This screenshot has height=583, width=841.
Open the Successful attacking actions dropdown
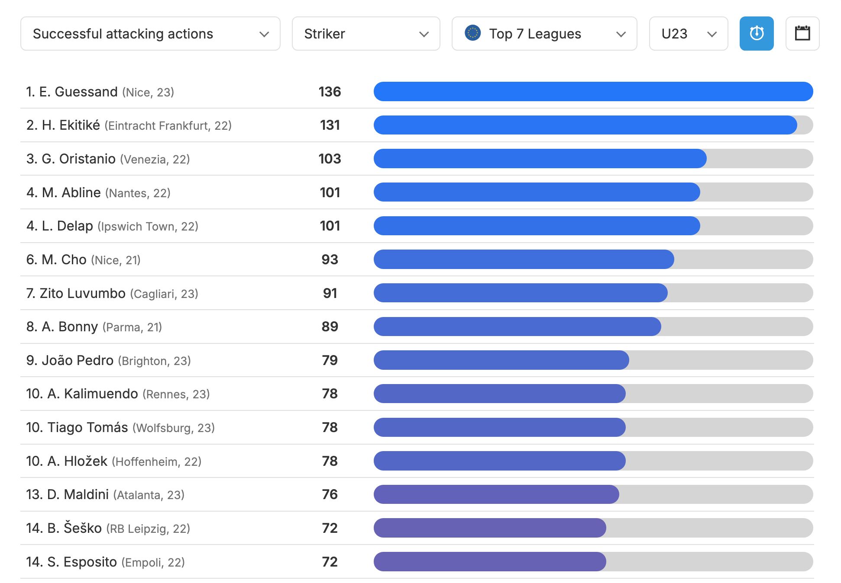click(150, 34)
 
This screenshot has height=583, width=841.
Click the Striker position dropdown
click(366, 34)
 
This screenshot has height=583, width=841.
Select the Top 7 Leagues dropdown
click(544, 34)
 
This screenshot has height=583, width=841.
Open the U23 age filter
click(688, 34)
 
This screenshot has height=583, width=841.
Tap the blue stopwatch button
click(756, 34)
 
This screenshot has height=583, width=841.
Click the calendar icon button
click(802, 34)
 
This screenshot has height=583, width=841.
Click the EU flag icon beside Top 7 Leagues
click(472, 33)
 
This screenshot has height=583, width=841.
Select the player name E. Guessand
click(78, 92)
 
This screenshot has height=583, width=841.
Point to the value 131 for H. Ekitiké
click(330, 125)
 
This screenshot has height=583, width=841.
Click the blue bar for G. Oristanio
click(540, 159)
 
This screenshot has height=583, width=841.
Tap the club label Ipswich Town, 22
click(148, 226)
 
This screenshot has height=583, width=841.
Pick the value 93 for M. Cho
click(330, 259)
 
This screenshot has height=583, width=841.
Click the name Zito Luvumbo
click(82, 293)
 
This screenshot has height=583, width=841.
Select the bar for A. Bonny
click(517, 327)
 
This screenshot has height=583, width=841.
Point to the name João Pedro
click(77, 360)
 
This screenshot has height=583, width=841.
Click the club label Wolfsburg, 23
click(173, 428)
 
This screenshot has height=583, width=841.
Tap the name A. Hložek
click(77, 461)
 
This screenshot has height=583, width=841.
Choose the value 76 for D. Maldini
click(330, 494)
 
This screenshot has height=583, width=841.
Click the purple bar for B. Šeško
click(489, 528)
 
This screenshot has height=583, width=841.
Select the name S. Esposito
click(82, 562)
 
